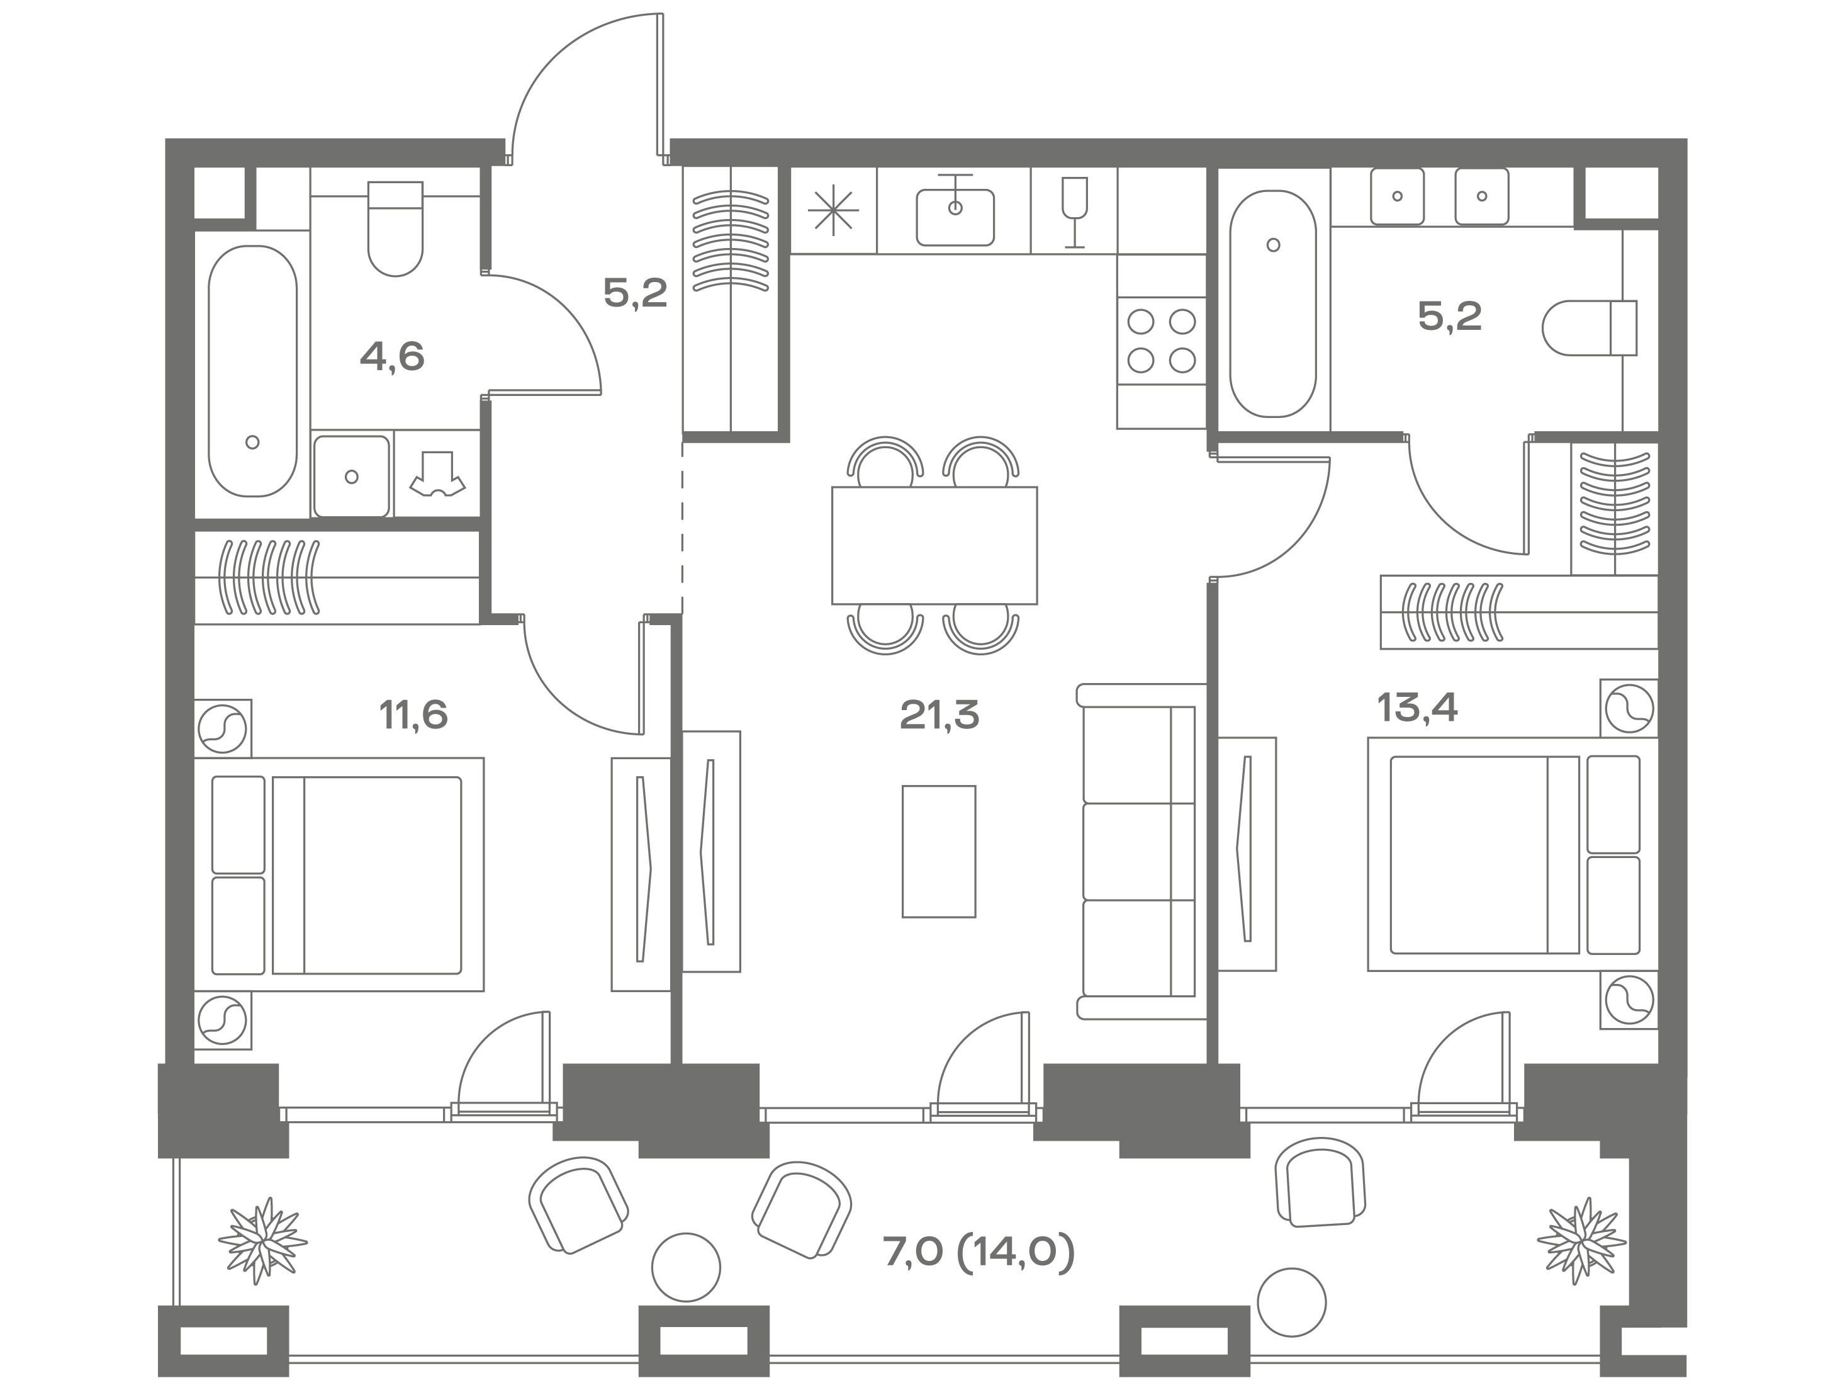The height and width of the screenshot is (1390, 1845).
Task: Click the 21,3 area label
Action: (x=939, y=715)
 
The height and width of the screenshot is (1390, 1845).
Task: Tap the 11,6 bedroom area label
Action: (x=413, y=715)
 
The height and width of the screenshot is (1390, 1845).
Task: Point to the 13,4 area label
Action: (x=1417, y=708)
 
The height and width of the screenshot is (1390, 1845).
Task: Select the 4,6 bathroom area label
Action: (x=392, y=357)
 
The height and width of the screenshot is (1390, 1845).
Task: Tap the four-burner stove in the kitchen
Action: (x=1161, y=341)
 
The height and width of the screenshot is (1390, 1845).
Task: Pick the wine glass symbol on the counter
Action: (x=1074, y=212)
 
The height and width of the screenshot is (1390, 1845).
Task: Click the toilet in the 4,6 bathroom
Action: (x=395, y=229)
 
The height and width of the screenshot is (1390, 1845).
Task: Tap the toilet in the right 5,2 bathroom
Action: (x=1590, y=328)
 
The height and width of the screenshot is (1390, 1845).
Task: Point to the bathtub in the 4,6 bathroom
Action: (x=253, y=370)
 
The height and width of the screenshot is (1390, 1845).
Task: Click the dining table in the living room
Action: (x=934, y=545)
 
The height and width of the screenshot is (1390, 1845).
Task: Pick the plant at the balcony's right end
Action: (x=1581, y=1240)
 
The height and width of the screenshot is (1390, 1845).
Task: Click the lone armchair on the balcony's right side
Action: (x=1320, y=1182)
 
